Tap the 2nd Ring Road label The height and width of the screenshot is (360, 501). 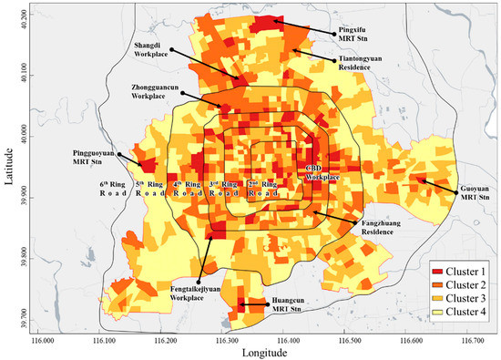tap(261, 190)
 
